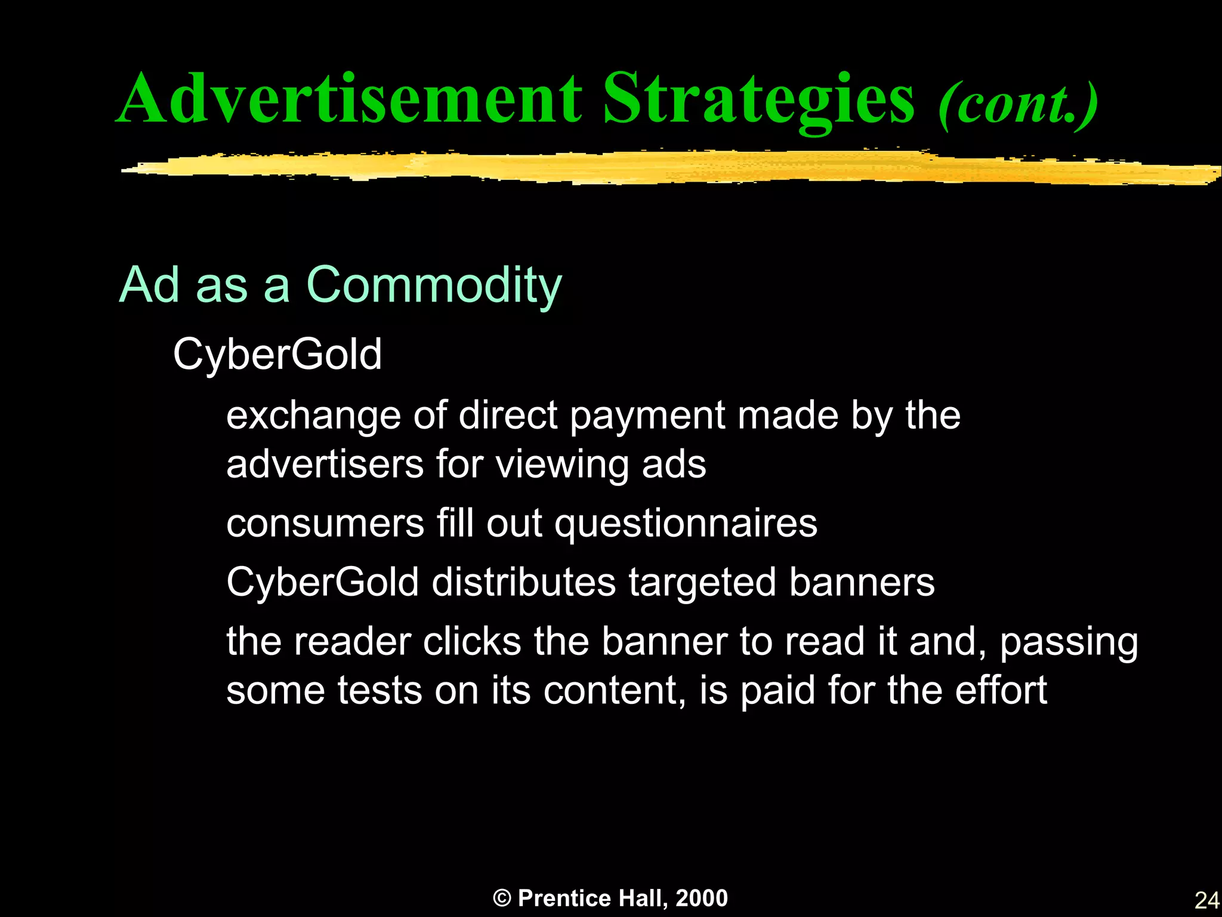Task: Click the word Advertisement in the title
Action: pyautogui.click(x=349, y=99)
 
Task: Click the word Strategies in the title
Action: pyautogui.click(x=758, y=99)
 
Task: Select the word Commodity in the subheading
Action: pyautogui.click(x=434, y=286)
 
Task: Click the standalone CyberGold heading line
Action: pyautogui.click(x=277, y=355)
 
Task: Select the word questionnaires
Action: pyautogui.click(x=686, y=524)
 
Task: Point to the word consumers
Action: pyautogui.click(x=325, y=524)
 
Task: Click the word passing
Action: pyautogui.click(x=1069, y=643)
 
